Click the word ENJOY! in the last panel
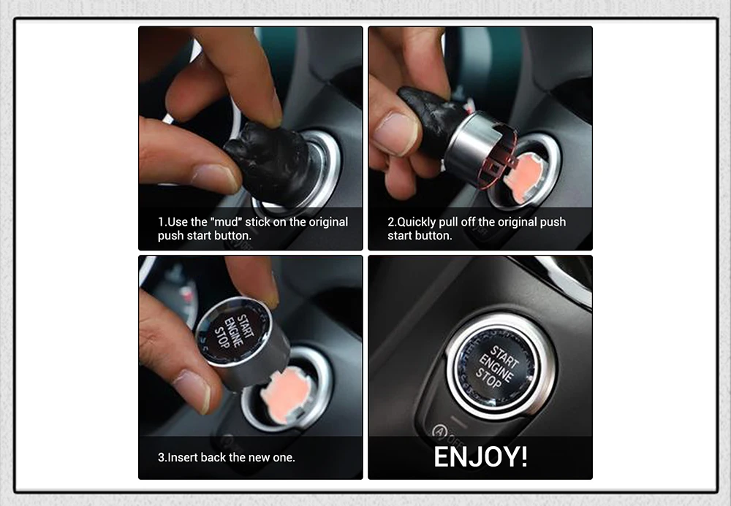pos(481,456)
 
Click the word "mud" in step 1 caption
pos(226,221)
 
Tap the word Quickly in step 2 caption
pos(417,222)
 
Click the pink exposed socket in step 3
pos(284,394)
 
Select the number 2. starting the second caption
pos(392,222)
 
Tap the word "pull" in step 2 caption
pos(448,223)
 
